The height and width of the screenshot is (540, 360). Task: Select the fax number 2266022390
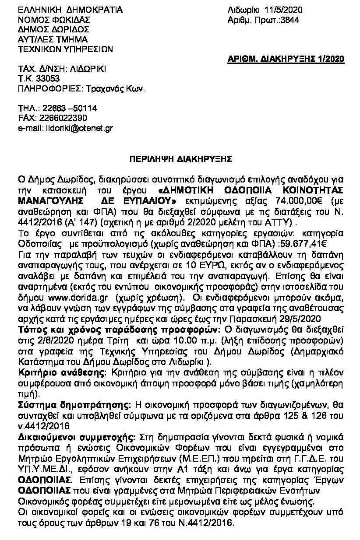[x=59, y=118]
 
